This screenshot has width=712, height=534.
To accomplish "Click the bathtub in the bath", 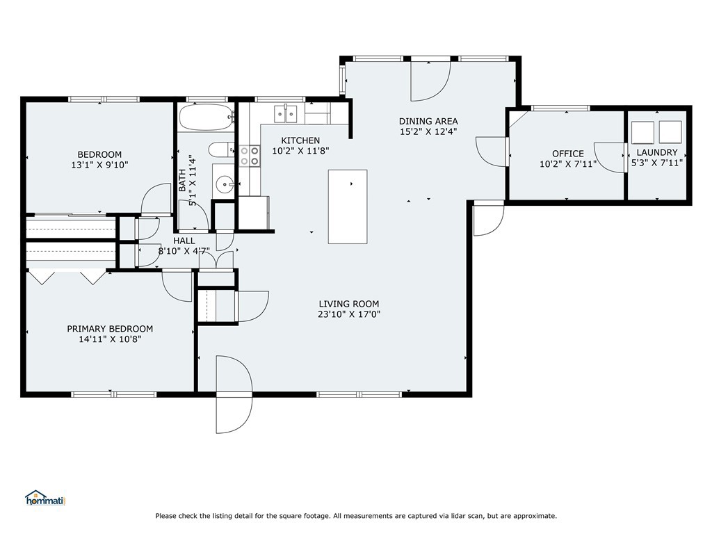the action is point(207,117).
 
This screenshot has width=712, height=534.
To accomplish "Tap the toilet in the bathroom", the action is point(221,149).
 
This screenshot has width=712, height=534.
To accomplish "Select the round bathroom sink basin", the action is point(225,184).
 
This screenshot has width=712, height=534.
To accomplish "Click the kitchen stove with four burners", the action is point(250,156).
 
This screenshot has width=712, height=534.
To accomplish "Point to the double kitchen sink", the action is point(286,113).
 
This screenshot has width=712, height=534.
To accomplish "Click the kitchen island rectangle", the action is point(348,207).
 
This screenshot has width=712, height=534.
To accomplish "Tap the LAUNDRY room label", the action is point(656,152).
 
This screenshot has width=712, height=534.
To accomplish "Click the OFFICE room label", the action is point(567,154).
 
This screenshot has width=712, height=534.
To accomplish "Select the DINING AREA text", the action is point(428,121).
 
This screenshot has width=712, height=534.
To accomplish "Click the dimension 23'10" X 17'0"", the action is point(349,314).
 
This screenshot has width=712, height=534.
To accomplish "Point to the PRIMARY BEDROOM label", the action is point(110,329).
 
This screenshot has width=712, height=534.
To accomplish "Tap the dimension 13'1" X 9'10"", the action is point(99,165).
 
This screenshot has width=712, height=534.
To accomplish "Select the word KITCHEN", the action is point(300,140).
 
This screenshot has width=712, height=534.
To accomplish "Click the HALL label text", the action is point(184,241).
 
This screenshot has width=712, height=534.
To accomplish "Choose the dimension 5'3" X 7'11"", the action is point(656,163).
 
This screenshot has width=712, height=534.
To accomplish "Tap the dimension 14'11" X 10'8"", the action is point(110,339).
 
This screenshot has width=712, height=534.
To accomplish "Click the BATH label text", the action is point(182,180).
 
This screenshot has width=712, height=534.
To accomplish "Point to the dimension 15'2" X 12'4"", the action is point(428,131).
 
